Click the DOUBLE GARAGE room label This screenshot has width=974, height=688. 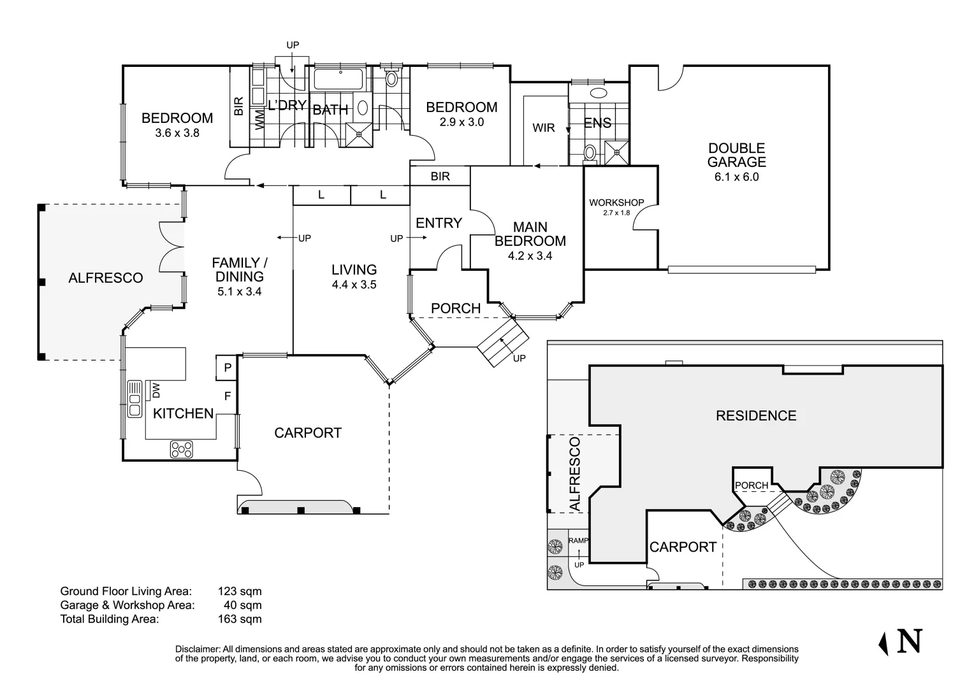(736, 155)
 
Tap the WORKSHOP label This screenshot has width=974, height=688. (616, 203)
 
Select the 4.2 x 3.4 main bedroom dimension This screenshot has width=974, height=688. (530, 256)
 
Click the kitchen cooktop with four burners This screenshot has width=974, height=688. (181, 450)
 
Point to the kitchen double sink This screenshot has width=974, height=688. (134, 399)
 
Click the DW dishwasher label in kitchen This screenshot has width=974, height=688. (154, 389)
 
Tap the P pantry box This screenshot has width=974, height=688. (227, 368)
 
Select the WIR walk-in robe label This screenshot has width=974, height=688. (543, 128)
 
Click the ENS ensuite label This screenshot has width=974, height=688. (597, 123)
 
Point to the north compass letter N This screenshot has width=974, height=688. (909, 641)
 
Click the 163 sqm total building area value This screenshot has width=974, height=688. (240, 619)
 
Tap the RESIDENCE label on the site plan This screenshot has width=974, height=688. (756, 416)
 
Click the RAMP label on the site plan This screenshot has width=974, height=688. (578, 541)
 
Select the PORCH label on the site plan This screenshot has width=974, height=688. (752, 485)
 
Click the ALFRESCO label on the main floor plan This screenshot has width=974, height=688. (105, 278)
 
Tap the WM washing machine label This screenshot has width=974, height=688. (260, 119)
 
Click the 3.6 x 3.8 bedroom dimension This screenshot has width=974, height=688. (177, 133)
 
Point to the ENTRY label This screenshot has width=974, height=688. (439, 223)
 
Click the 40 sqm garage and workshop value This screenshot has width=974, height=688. (242, 605)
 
